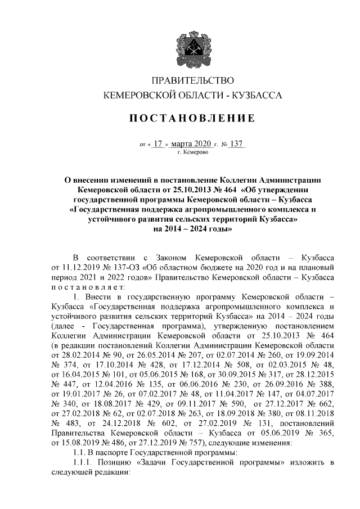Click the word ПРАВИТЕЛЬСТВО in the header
(x=193, y=81)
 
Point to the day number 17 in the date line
(x=157, y=143)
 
